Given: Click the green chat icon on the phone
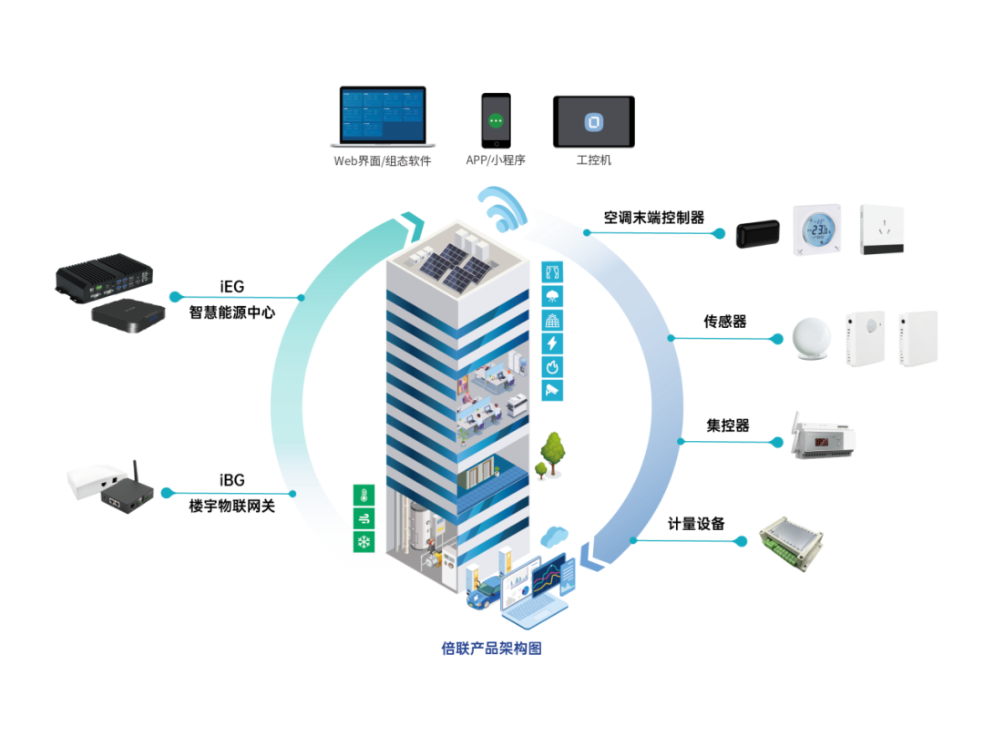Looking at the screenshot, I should tap(496, 120).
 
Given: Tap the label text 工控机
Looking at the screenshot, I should tap(593, 160).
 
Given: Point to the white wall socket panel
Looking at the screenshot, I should tap(881, 229).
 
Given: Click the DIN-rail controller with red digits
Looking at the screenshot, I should tap(821, 440).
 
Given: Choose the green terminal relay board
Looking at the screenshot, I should tap(791, 544).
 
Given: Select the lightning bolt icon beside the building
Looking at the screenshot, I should tap(552, 343).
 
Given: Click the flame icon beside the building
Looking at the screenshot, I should tap(552, 367).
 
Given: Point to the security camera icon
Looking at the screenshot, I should tap(552, 390).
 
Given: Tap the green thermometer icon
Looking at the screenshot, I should tap(364, 496).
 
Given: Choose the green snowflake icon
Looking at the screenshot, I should tap(364, 542).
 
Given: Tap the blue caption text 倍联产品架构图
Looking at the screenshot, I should tap(491, 649).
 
